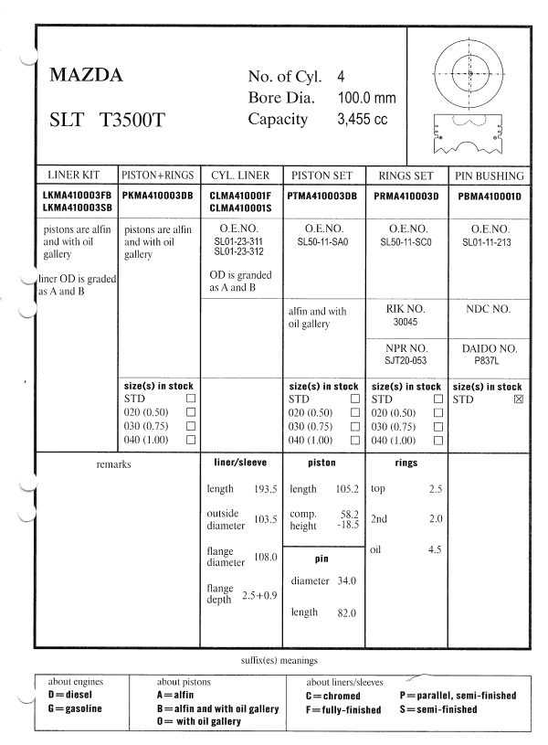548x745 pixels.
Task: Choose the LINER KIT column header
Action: pyautogui.click(x=77, y=175)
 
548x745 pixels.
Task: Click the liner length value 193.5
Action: pyautogui.click(x=267, y=489)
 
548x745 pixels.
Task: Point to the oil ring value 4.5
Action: pyautogui.click(x=435, y=549)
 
